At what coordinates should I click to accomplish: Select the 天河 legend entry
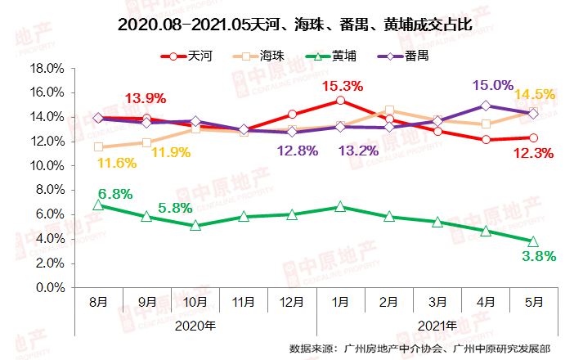coord(185,56)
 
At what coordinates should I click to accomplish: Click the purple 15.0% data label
coord(493,85)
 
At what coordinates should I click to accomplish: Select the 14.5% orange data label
coord(536,95)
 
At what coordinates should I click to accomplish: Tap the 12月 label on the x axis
coord(292,302)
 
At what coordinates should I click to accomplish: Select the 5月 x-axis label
coord(533,302)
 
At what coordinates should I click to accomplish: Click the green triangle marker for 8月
coord(98,205)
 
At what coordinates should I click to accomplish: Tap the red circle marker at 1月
coord(340,101)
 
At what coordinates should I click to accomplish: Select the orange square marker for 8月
coord(98,147)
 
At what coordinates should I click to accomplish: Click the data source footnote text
coord(419,348)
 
